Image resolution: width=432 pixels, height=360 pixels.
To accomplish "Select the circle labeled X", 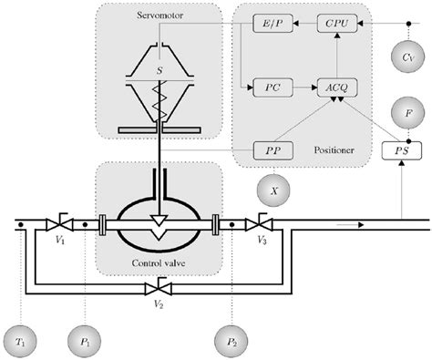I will click(272, 190).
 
